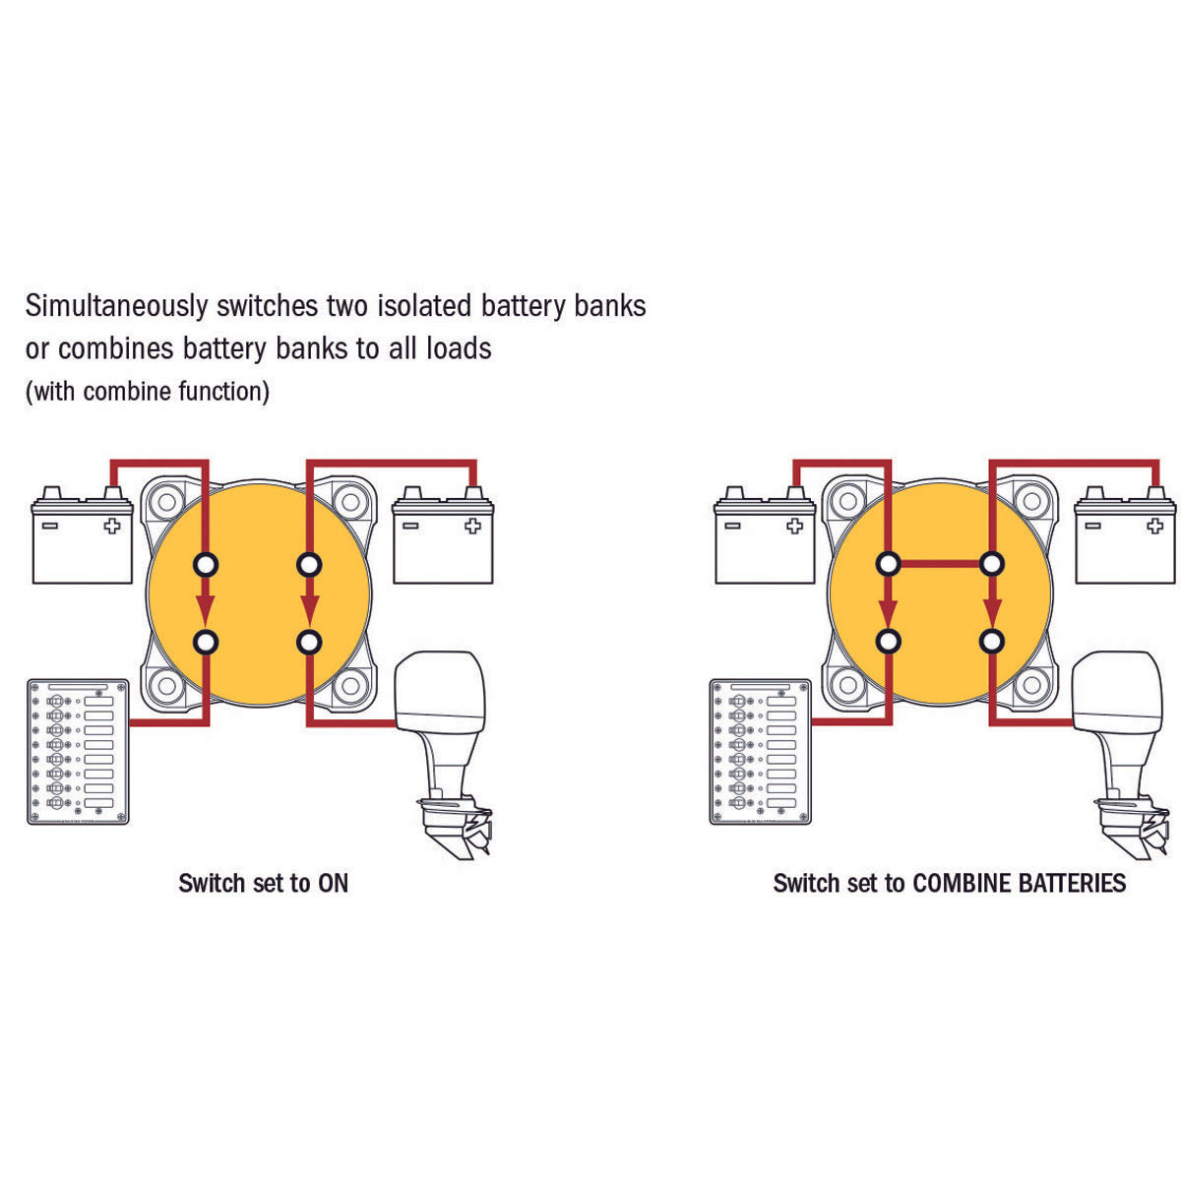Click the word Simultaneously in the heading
tap(116, 306)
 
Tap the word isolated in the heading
tap(424, 305)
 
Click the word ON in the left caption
tap(333, 883)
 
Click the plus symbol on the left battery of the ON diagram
tap(112, 526)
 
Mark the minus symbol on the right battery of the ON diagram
tap(410, 526)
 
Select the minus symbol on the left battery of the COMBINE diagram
tap(732, 526)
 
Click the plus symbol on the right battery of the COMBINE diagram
tap(1154, 526)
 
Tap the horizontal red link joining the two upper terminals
tap(940, 564)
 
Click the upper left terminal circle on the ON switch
tap(206, 564)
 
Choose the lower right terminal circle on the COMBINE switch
tap(991, 642)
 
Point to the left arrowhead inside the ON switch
tap(206, 609)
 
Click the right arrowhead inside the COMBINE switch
tap(991, 610)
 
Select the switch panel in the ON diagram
tap(79, 751)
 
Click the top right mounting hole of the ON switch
tap(350, 502)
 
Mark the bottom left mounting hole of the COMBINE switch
tap(848, 684)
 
